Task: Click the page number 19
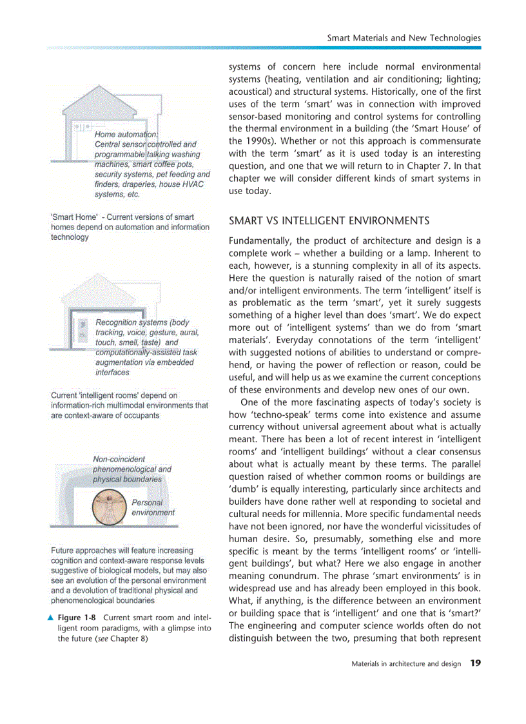pos(475,663)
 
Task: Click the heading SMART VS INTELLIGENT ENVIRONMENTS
pos(329,221)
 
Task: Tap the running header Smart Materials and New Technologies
pos(404,37)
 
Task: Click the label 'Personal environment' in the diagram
pos(153,507)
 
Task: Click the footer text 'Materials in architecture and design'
pos(406,663)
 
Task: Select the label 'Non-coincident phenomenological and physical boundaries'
pos(131,469)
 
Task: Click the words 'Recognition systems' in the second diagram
pos(131,322)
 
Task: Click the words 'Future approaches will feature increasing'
pos(121,551)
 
